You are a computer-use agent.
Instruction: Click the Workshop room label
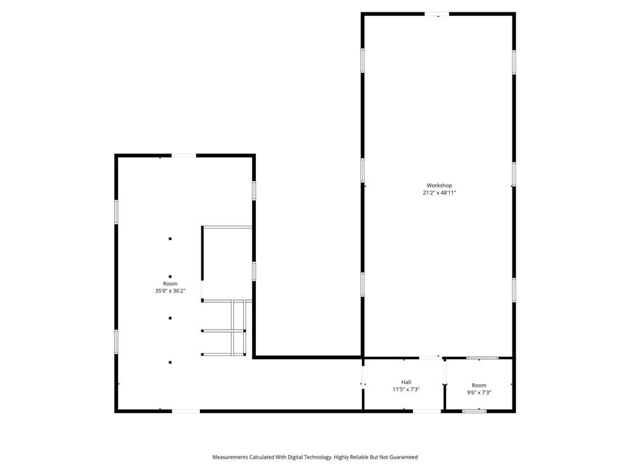[x=439, y=185]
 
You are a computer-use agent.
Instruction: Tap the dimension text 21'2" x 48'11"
[x=439, y=193]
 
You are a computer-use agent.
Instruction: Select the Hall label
[x=406, y=382]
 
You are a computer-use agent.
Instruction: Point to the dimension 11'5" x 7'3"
[x=406, y=389]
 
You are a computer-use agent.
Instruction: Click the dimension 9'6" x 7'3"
[x=479, y=392]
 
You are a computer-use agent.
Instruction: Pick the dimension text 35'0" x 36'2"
[x=170, y=291]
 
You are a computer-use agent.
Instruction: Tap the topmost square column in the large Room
[x=170, y=238]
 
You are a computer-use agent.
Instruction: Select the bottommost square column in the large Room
[x=170, y=362]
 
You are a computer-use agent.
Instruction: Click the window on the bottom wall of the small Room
[x=474, y=411]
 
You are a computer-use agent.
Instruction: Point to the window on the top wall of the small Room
[x=482, y=358]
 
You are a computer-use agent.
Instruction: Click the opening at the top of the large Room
[x=183, y=155]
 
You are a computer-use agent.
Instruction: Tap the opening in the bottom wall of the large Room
[x=185, y=411]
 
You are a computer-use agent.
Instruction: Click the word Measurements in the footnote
[x=231, y=457]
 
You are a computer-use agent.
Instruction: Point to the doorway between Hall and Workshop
[x=429, y=358]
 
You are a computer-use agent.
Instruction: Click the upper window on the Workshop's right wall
[x=514, y=62]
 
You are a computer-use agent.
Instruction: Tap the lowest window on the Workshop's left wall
[x=363, y=284]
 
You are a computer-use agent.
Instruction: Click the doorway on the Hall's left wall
[x=363, y=377]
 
